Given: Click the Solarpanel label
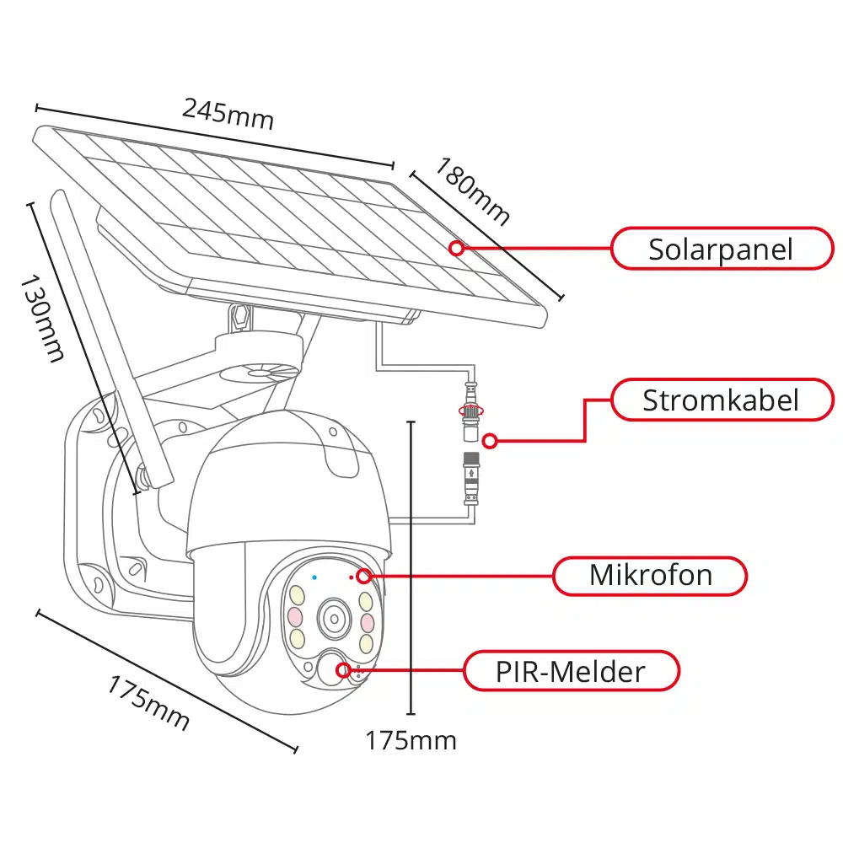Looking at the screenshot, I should (721, 249).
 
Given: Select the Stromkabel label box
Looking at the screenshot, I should (721, 400).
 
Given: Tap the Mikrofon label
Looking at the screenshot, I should (650, 576).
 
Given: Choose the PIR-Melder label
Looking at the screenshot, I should (571, 671).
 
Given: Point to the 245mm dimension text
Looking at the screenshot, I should (228, 113).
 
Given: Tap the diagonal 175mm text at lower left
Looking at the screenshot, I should (148, 702).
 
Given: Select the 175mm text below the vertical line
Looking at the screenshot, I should (411, 740).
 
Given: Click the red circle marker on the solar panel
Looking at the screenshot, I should (456, 248).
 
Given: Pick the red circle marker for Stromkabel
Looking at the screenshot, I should (491, 440).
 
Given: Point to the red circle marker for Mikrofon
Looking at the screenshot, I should (363, 577).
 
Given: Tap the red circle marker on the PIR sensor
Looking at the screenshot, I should (343, 670).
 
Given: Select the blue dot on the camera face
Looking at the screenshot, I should (314, 577).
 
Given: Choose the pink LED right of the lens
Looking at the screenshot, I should (367, 622).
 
